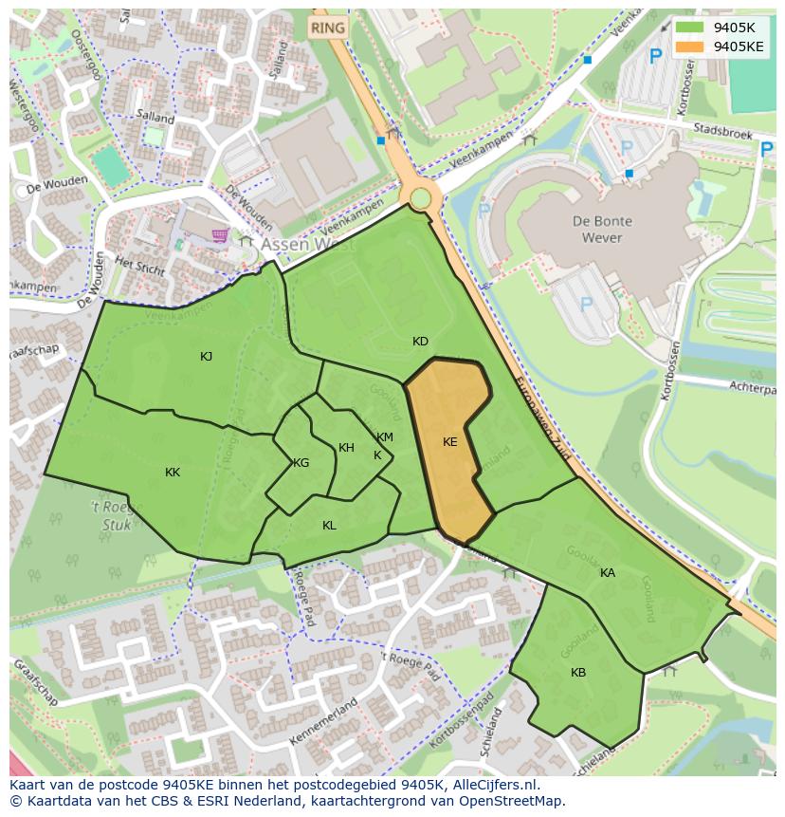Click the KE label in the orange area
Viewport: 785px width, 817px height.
(450, 442)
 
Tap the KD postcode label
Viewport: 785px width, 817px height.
(420, 342)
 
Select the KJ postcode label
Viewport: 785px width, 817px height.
(207, 357)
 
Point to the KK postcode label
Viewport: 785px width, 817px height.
(173, 473)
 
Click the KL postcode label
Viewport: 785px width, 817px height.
(329, 526)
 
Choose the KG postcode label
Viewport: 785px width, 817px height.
(301, 463)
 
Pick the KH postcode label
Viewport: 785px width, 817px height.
(346, 448)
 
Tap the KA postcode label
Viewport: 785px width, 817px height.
(608, 573)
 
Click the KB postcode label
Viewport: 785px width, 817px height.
(578, 673)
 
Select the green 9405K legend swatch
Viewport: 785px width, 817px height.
(689, 28)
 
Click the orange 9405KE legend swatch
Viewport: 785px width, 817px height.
(689, 46)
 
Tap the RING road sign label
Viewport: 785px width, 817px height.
(328, 28)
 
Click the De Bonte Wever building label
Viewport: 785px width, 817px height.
(602, 229)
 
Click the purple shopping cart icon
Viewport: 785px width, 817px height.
(221, 235)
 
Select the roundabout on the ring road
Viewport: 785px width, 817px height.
(419, 198)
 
